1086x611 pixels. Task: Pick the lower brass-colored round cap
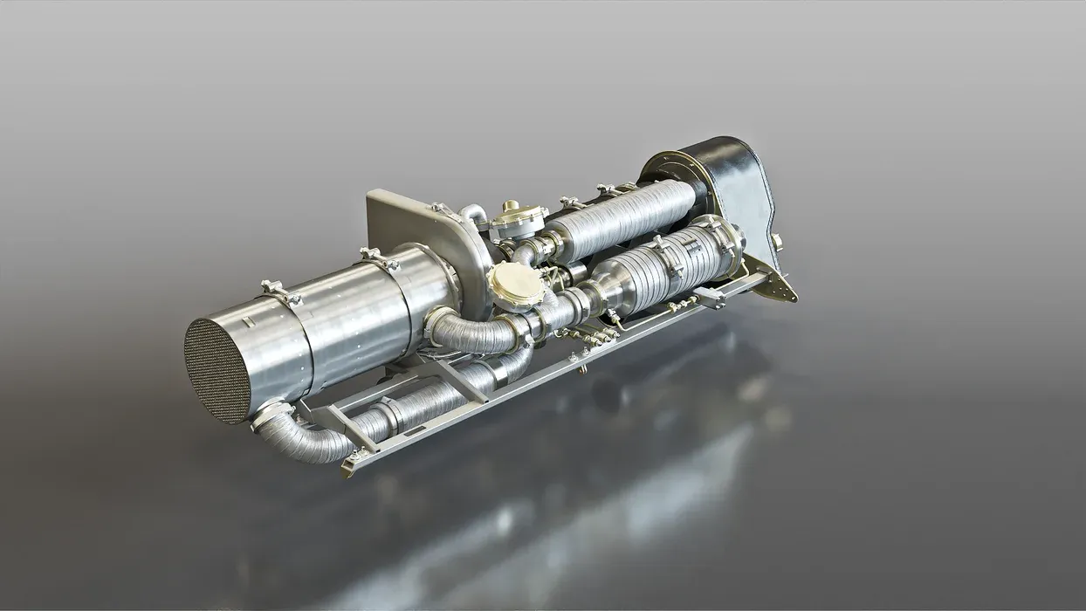(x=516, y=284)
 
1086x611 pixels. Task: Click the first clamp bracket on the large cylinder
(x=280, y=292)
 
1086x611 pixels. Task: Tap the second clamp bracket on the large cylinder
(x=379, y=258)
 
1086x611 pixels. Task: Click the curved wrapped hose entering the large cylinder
(x=476, y=333)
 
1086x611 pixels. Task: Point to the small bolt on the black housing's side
(x=775, y=240)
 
